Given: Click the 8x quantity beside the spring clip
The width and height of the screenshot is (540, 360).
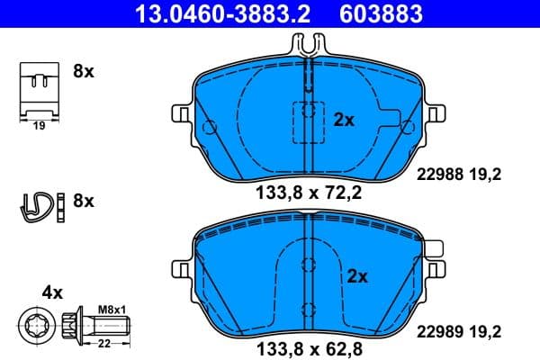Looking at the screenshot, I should [83, 201].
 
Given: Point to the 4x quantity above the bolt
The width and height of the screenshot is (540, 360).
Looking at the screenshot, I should [52, 292].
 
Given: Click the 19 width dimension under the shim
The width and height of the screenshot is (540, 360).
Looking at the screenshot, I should [38, 127].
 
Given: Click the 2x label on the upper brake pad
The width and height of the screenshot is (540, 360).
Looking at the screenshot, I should [344, 118].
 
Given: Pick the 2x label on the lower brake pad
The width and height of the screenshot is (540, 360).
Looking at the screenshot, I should [357, 276].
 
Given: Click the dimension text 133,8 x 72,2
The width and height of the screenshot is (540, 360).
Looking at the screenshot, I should [309, 192].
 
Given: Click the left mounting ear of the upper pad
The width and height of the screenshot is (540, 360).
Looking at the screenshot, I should [180, 114].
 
